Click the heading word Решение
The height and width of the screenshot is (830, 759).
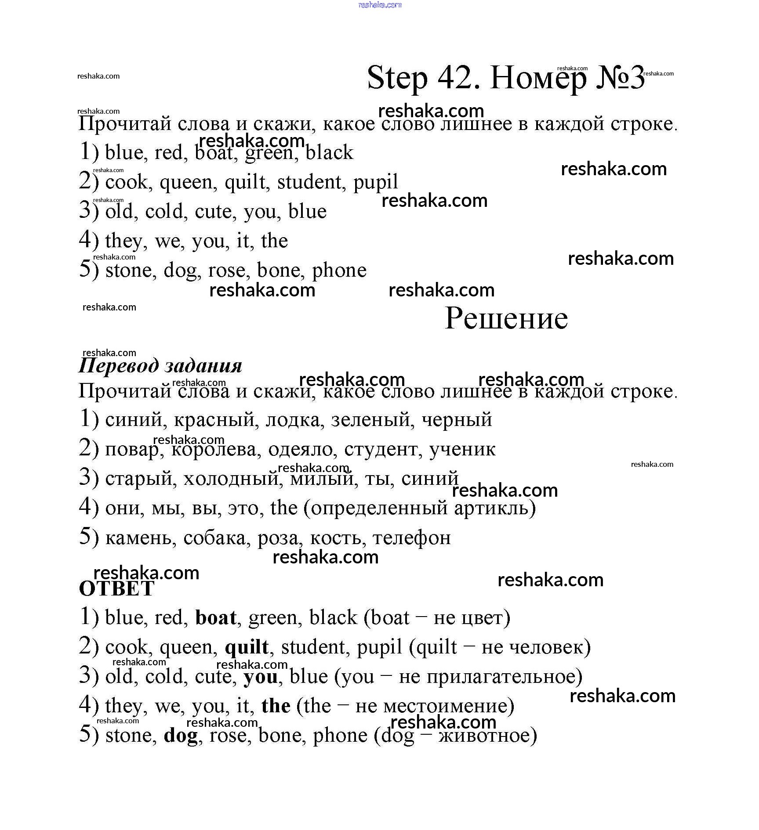tap(506, 318)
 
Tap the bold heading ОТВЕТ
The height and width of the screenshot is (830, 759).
tap(116, 589)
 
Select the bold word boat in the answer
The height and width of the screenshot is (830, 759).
tap(216, 618)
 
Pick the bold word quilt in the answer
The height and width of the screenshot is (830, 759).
tap(247, 647)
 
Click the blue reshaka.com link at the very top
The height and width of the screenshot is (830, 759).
tap(380, 5)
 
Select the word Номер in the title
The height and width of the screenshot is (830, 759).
tap(538, 78)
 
